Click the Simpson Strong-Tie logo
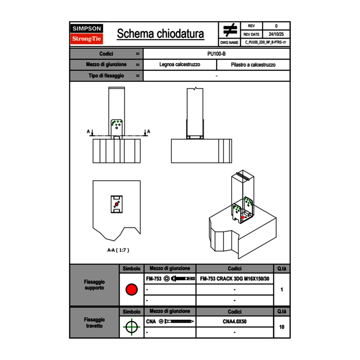pyautogui.click(x=87, y=34)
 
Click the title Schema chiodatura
pyautogui.click(x=160, y=34)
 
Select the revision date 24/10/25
pyautogui.click(x=276, y=34)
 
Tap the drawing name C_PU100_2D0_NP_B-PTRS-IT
pyautogui.click(x=265, y=42)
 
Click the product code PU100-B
pyautogui.click(x=216, y=54)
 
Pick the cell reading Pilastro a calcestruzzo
pyautogui.click(x=253, y=65)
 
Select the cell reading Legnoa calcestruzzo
pyautogui.click(x=180, y=65)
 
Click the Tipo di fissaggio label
pyautogui.click(x=106, y=76)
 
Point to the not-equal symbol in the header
pyautogui.click(x=230, y=30)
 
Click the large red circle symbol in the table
pyautogui.click(x=131, y=290)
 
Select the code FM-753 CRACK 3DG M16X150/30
pyautogui.click(x=234, y=279)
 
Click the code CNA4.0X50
pyautogui.click(x=234, y=322)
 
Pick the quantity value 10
pyautogui.click(x=281, y=327)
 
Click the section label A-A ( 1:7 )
pyautogui.click(x=118, y=250)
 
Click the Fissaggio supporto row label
pyautogui.click(x=94, y=285)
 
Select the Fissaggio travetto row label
pyautogui.click(x=94, y=322)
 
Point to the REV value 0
pyautogui.click(x=276, y=26)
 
